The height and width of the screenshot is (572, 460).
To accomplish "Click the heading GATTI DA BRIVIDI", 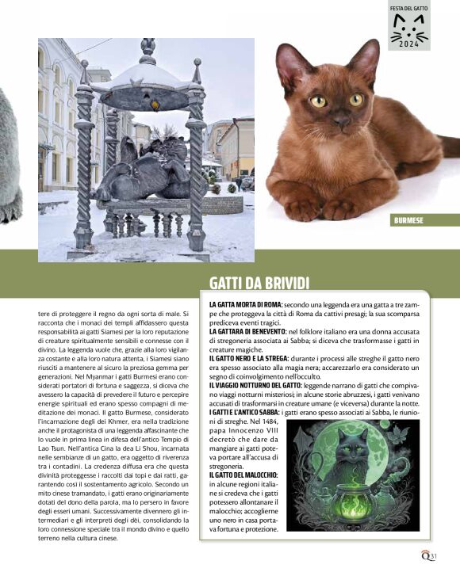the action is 259,284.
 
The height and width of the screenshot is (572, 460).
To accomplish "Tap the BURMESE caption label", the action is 409,220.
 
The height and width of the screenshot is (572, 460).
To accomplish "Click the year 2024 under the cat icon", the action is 409,45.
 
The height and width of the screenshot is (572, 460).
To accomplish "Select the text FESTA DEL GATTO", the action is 409,8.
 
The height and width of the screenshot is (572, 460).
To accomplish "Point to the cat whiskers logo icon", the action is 409,28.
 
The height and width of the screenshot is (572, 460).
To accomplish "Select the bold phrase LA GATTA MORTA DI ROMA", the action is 245,304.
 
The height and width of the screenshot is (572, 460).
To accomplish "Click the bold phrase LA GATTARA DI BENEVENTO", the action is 248,330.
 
